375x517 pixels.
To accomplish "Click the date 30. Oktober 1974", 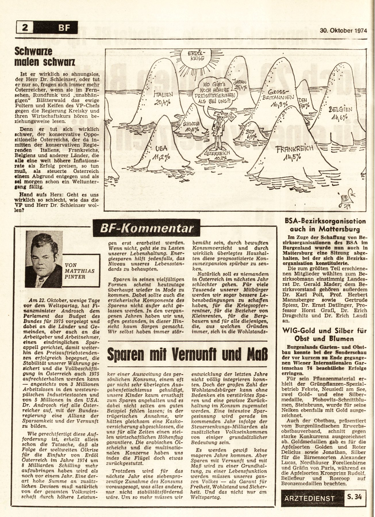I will pos(343,30).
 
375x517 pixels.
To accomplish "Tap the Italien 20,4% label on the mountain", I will pos(163,98).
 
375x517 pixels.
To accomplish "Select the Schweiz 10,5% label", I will pos(191,127).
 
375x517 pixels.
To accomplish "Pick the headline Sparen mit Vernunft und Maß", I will pos(187,354).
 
